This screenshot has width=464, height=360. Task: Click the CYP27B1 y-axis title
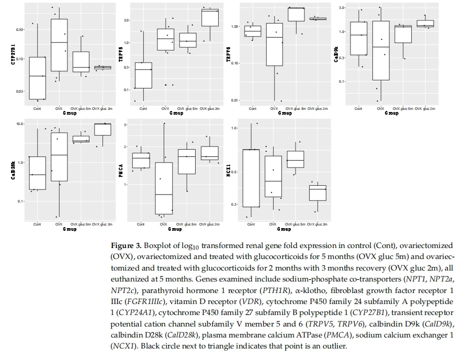point(13,54)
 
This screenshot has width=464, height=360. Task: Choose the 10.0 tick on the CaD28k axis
point(20,123)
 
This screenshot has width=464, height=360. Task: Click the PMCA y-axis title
point(121,171)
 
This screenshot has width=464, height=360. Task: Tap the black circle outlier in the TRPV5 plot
point(166,85)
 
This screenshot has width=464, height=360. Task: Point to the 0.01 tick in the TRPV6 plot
point(235,100)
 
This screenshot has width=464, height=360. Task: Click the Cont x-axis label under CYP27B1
point(37,109)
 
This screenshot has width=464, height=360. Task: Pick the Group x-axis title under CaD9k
point(391,113)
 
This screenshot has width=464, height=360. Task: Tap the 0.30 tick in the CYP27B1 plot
point(20,30)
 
